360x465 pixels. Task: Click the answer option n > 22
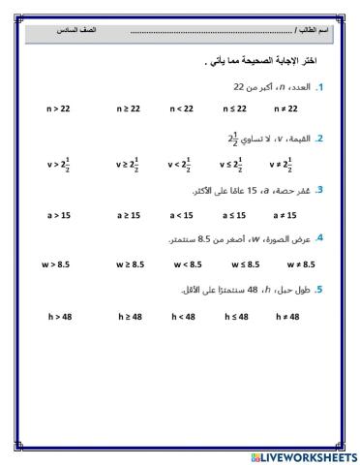[x=58, y=109]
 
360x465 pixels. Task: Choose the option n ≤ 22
[x=235, y=109]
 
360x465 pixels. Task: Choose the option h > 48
[x=60, y=316]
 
